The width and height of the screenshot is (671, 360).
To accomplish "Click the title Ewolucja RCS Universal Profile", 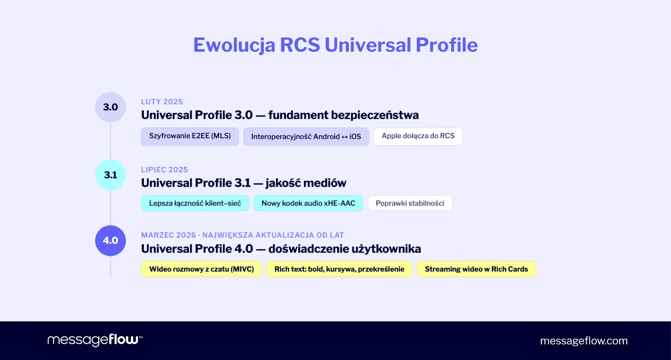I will coord(335,45).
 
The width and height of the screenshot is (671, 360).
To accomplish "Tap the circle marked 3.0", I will coord(110,107).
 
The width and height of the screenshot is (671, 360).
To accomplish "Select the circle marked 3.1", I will coord(110,175).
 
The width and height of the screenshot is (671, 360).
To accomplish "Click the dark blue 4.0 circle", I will coord(110,241).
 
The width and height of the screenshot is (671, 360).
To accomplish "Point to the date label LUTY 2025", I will coord(162,102).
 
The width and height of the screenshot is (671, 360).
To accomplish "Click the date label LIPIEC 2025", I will coord(164,170).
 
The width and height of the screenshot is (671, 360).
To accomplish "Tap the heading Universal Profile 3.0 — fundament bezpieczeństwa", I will coord(280,115).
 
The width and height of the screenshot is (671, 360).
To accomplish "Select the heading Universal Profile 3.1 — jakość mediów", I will coord(244,183).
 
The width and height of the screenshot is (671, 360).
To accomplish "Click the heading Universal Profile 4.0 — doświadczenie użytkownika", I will coord(281,249).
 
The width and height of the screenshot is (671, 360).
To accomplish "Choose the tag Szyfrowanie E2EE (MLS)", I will coord(190,136).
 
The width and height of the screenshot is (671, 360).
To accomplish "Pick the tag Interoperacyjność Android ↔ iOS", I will coord(306,137).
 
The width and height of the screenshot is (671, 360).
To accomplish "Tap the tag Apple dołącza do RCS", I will coord(418,136).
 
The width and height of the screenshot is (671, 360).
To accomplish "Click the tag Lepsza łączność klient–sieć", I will coord(195,203).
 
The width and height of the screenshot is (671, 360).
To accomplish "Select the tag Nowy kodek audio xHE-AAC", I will coord(308,203).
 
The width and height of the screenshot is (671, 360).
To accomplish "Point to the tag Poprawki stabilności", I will coord(410,203).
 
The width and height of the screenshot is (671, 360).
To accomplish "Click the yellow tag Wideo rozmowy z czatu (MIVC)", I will coord(201,269).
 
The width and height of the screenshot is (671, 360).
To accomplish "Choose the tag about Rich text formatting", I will coord(339,269).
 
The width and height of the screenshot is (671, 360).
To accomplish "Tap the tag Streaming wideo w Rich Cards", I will coord(476,269).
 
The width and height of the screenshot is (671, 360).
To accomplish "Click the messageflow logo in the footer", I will coord(95,340).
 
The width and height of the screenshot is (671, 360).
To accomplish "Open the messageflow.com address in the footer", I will coord(584,341).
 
